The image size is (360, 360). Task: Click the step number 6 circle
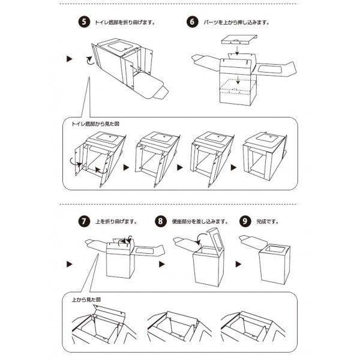192,22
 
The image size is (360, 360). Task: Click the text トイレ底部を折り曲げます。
125,22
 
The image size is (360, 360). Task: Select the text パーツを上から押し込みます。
235,22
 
